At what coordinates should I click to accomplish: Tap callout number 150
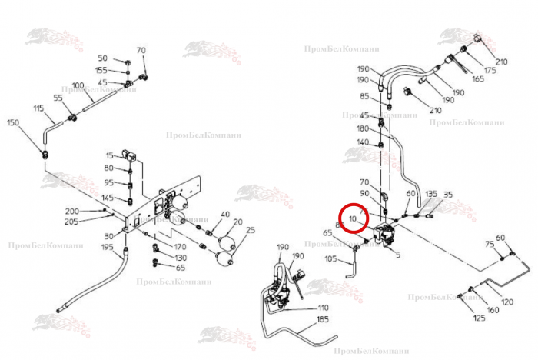(x=13, y=122)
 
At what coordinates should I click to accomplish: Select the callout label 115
(x=38, y=109)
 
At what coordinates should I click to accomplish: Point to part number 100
(x=78, y=85)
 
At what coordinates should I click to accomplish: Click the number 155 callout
(x=101, y=71)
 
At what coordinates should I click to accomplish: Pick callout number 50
(x=103, y=58)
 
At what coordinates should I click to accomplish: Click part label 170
(x=181, y=247)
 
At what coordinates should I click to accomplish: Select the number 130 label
(x=181, y=258)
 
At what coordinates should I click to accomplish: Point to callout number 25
(x=251, y=230)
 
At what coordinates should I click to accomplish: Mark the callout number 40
(x=225, y=214)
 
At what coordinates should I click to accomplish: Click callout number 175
(x=490, y=70)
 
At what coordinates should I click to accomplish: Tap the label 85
(x=365, y=96)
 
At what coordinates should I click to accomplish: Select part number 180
(x=364, y=129)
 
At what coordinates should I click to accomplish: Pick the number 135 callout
(x=431, y=194)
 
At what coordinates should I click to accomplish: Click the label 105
(x=330, y=259)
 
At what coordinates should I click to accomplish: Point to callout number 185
(x=322, y=318)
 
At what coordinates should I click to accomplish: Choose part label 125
(x=479, y=318)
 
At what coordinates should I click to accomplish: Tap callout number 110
(x=324, y=308)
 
